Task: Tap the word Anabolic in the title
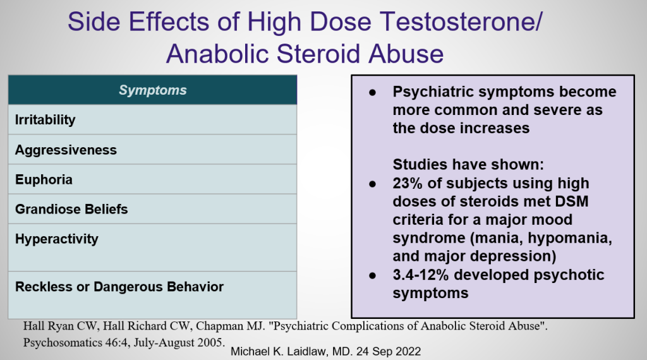(x=217, y=54)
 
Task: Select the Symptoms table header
(x=153, y=90)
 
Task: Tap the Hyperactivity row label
(x=57, y=239)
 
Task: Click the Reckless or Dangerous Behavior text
(x=119, y=287)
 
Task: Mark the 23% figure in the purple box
(x=408, y=183)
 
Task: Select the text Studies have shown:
(x=468, y=165)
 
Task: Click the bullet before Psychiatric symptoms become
(x=373, y=92)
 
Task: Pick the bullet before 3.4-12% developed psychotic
(x=373, y=275)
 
